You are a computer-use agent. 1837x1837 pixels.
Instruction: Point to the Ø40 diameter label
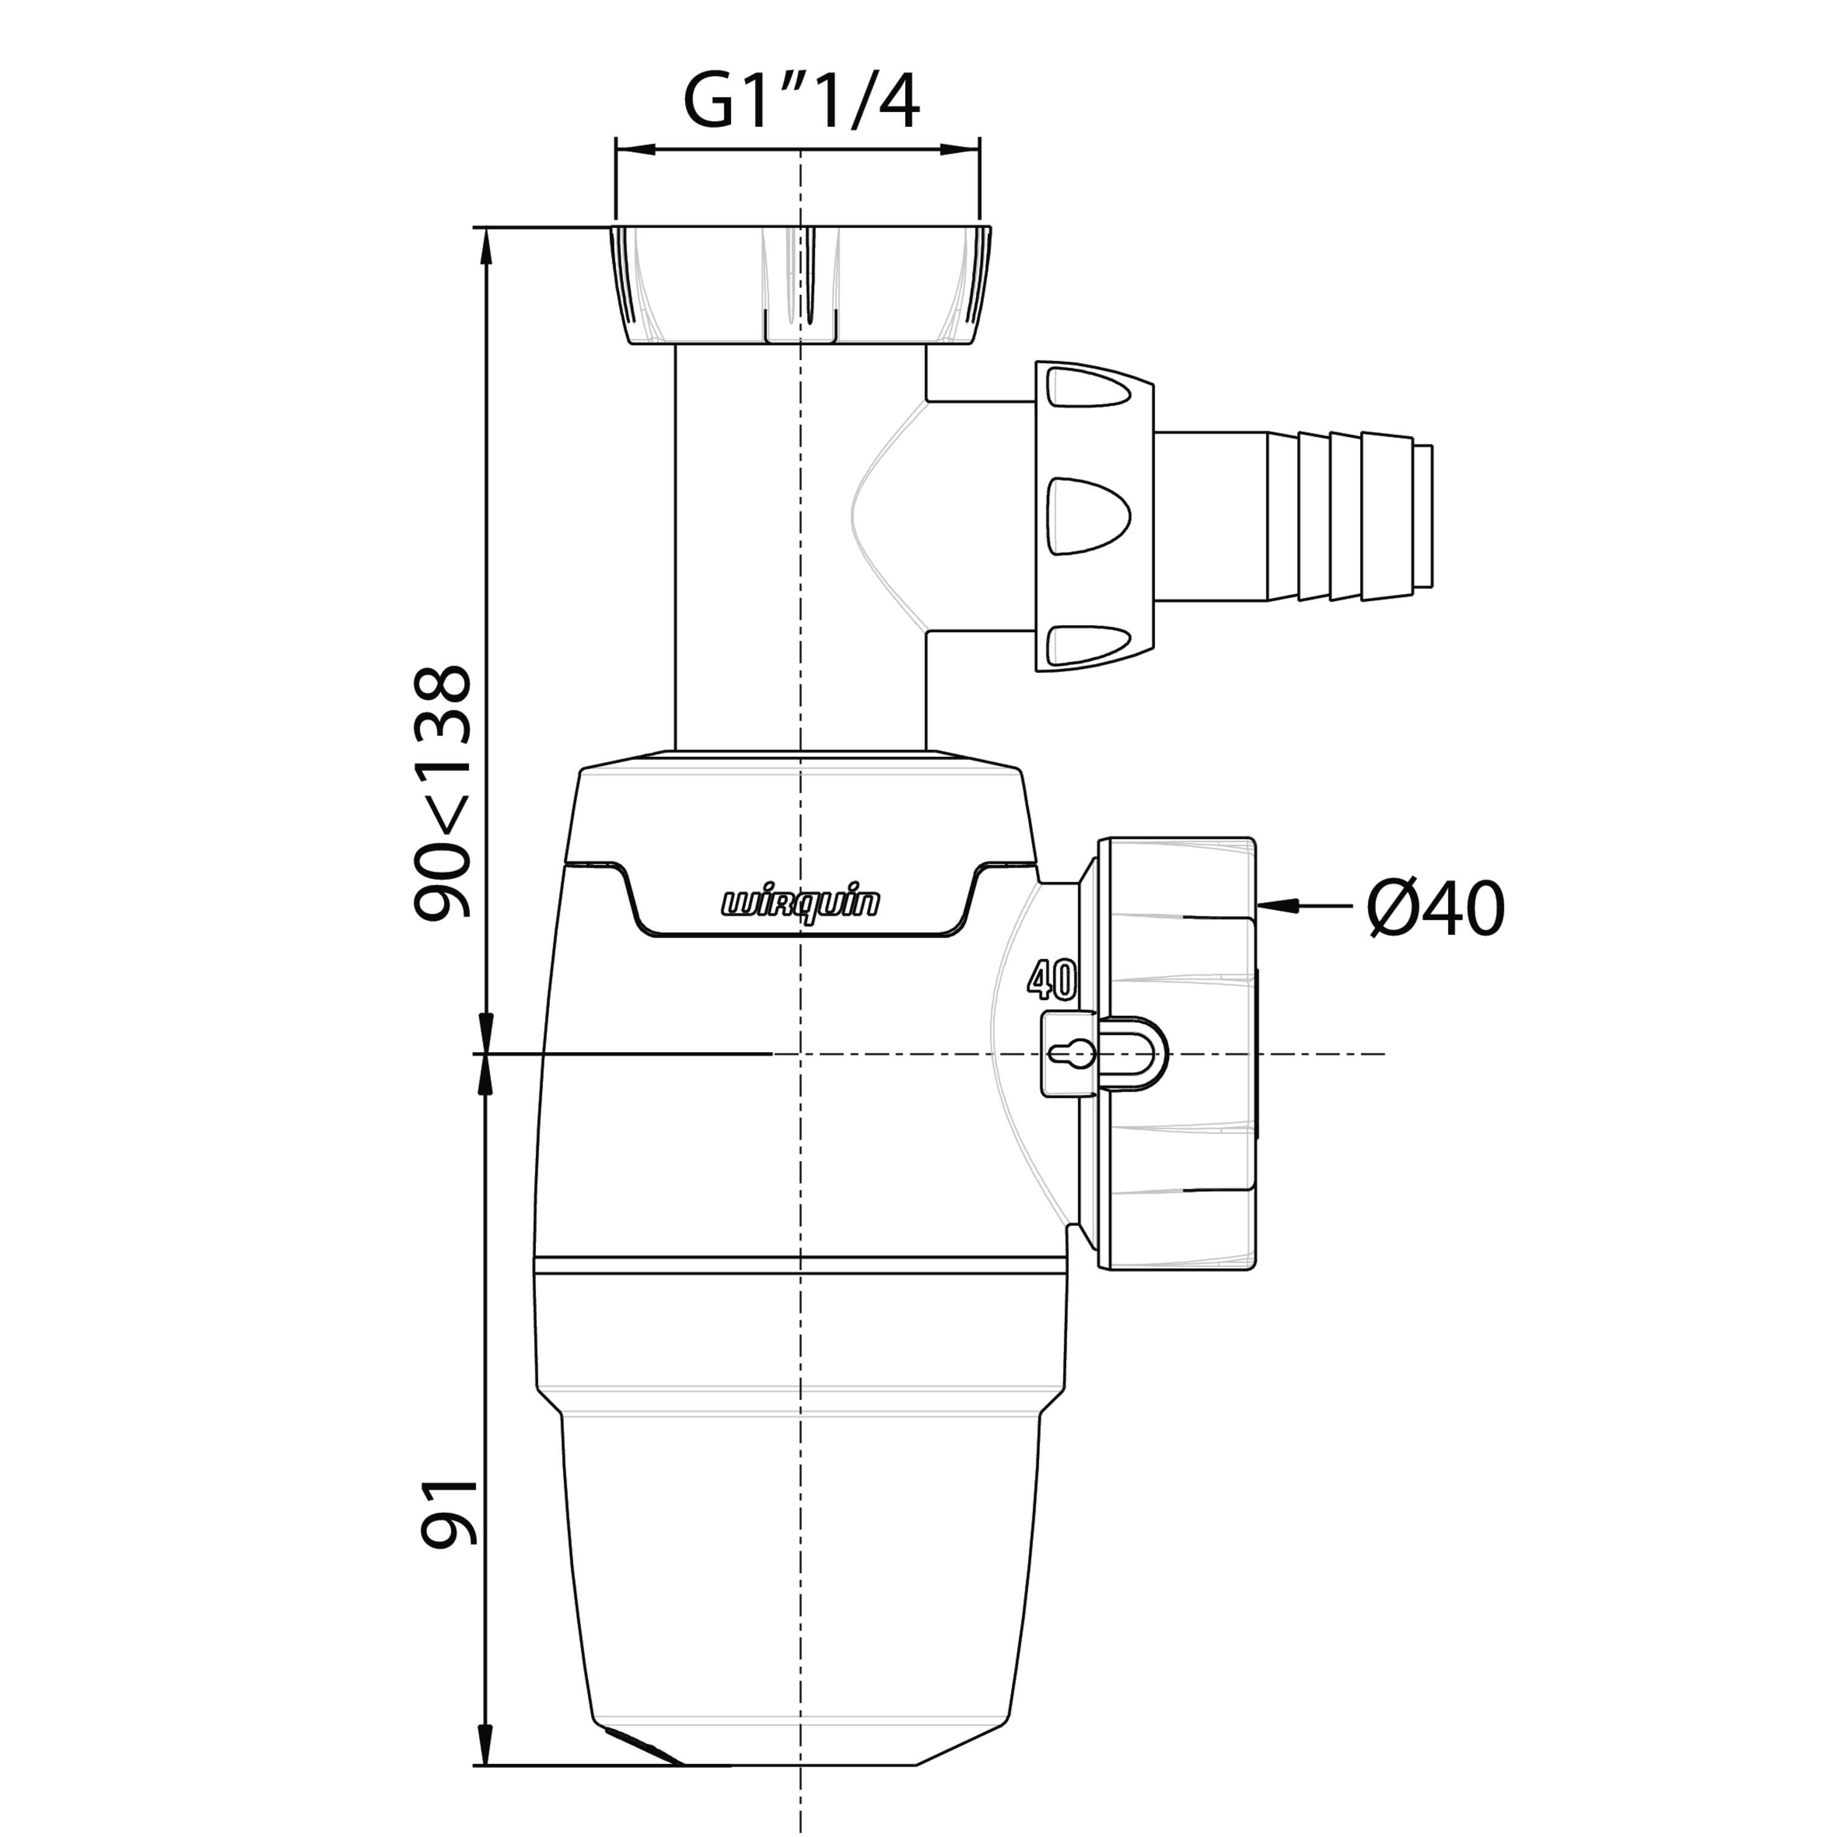tap(1436, 908)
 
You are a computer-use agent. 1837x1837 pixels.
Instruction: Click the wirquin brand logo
tap(800, 903)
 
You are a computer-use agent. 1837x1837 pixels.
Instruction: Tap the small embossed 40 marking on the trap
tap(1053, 980)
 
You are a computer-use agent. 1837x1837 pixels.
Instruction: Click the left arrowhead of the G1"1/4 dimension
tap(637, 149)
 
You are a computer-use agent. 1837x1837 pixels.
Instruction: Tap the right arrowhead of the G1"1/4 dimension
tap(960, 149)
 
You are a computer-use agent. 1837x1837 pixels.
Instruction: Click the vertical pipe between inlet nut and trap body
tap(800, 547)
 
